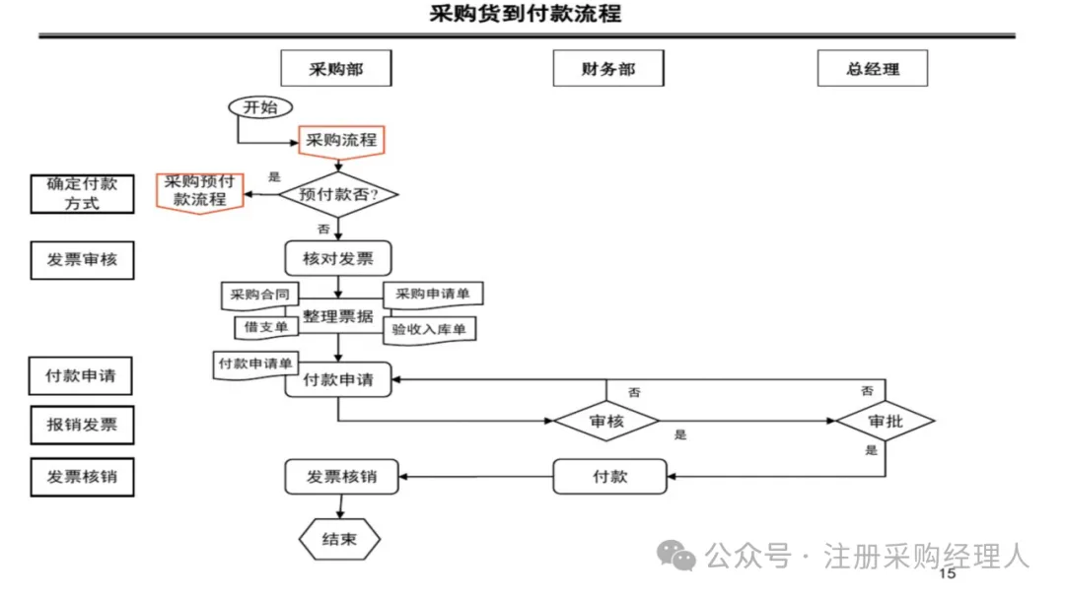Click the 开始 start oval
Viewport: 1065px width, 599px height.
coord(260,107)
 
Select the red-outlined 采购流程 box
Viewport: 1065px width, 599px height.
coord(341,140)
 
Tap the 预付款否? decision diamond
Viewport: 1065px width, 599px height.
coord(338,195)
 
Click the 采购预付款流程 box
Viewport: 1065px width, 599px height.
coord(200,191)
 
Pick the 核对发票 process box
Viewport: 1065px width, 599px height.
coord(338,259)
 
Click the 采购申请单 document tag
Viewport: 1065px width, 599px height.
coord(433,294)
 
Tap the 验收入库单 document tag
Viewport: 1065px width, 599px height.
coord(429,329)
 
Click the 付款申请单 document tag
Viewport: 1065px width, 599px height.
coord(255,364)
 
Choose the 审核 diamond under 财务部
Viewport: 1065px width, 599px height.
coord(605,422)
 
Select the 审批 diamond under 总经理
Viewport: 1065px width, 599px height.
coord(885,422)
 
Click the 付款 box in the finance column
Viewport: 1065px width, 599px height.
coord(609,477)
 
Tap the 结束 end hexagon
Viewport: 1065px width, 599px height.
coord(339,539)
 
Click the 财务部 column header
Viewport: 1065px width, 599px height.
coord(608,69)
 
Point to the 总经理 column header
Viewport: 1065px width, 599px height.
coord(873,69)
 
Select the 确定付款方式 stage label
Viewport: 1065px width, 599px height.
coord(82,193)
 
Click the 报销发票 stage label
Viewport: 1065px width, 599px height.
coord(82,426)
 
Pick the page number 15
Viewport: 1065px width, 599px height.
coord(947,573)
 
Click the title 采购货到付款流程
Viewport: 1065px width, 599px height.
coord(526,14)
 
